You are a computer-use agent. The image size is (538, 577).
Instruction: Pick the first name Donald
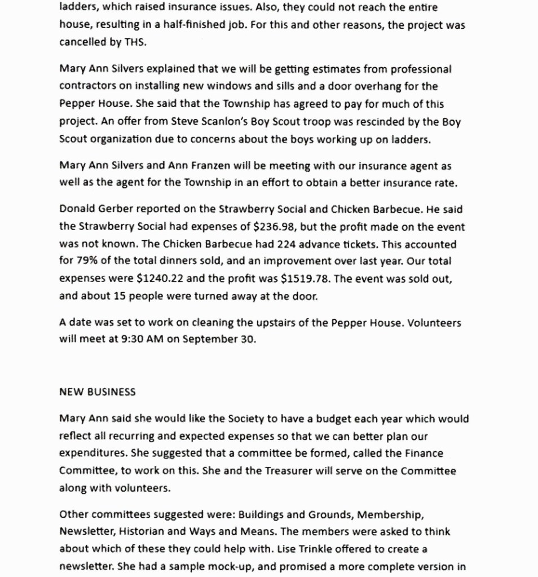[77, 209]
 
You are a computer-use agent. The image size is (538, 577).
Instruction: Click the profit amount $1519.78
[305, 279]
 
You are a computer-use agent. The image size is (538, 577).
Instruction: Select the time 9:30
[133, 340]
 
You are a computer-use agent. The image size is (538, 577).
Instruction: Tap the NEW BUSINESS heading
[97, 392]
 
